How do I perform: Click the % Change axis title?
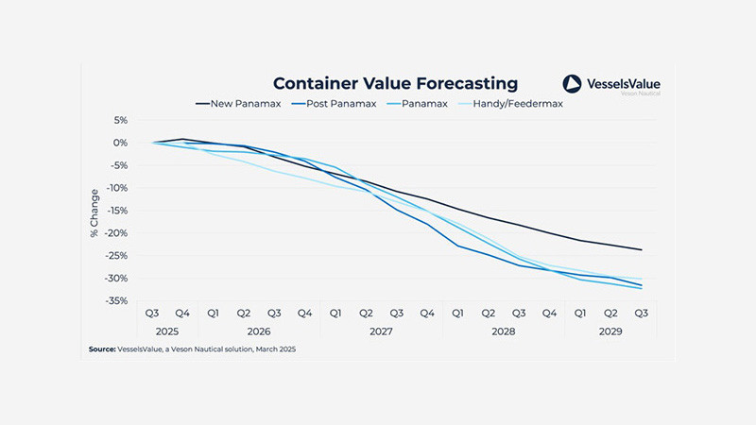pos(94,211)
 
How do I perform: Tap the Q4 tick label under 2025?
pos(182,313)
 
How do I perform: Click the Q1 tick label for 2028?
pos(457,313)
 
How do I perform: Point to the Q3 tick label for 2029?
pos(641,313)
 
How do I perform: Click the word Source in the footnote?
pos(102,349)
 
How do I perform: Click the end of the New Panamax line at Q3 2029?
pos(642,250)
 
